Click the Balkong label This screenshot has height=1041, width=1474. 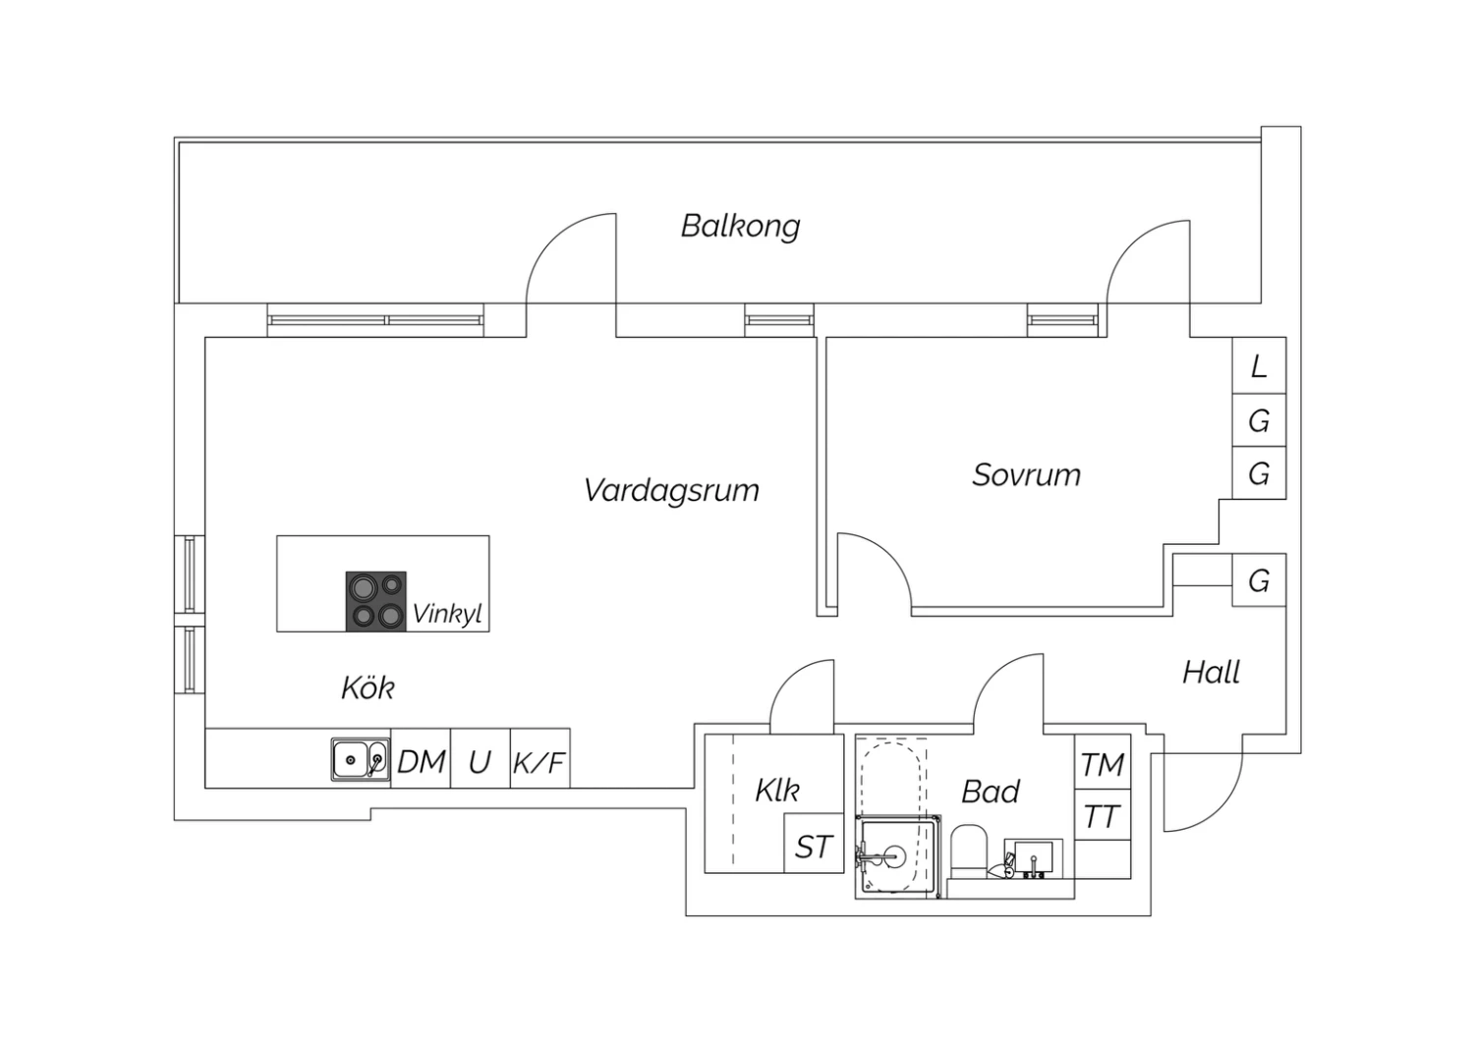click(x=740, y=227)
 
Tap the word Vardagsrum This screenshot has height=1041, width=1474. click(x=671, y=490)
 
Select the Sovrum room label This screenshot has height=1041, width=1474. click(x=1026, y=475)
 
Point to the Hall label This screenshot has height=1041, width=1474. click(x=1211, y=673)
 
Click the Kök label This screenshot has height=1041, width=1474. click(x=368, y=687)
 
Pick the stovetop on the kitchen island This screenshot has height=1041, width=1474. click(x=376, y=600)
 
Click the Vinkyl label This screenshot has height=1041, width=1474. click(x=447, y=615)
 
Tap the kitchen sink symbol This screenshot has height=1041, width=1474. click(x=360, y=760)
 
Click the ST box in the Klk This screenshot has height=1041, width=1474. click(x=814, y=847)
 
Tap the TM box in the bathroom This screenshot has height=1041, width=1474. click(x=1103, y=764)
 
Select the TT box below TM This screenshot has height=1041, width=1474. click(x=1103, y=816)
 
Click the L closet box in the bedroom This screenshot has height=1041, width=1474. click(x=1259, y=366)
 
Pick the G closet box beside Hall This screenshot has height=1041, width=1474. click(x=1259, y=580)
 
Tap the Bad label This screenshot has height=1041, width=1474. click(x=991, y=792)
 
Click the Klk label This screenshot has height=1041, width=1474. click(x=776, y=791)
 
